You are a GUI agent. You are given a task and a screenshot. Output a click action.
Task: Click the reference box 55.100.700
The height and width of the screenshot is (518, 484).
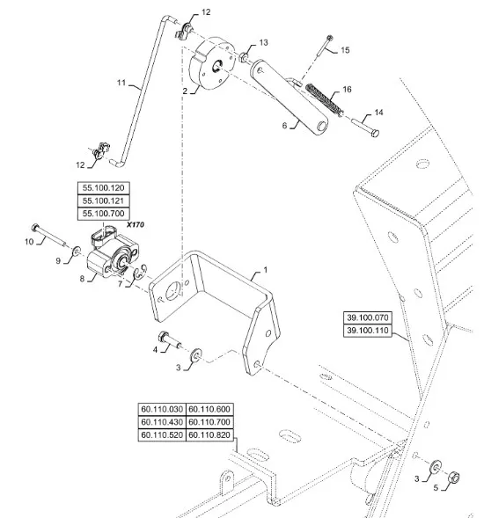pos(104,214)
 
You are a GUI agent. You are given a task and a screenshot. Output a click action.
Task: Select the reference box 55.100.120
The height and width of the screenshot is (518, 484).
pos(104,188)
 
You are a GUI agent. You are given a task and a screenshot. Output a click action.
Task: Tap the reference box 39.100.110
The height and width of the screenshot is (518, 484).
pos(368,331)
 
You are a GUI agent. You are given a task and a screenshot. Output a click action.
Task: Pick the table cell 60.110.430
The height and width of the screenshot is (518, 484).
pos(162,422)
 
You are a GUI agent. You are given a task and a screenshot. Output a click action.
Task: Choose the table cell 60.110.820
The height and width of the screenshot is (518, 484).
pos(209,434)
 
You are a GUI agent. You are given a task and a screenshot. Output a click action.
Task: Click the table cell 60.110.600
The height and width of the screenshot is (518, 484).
pos(209,409)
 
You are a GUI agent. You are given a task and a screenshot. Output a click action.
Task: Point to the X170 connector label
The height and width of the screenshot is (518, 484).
pos(136,224)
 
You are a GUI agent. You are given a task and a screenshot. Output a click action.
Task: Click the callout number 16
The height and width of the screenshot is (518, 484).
pos(347,89)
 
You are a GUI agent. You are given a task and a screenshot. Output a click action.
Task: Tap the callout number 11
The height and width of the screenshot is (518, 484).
pos(121,83)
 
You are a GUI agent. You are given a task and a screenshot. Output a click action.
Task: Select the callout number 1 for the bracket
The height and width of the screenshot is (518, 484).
pos(265,270)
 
